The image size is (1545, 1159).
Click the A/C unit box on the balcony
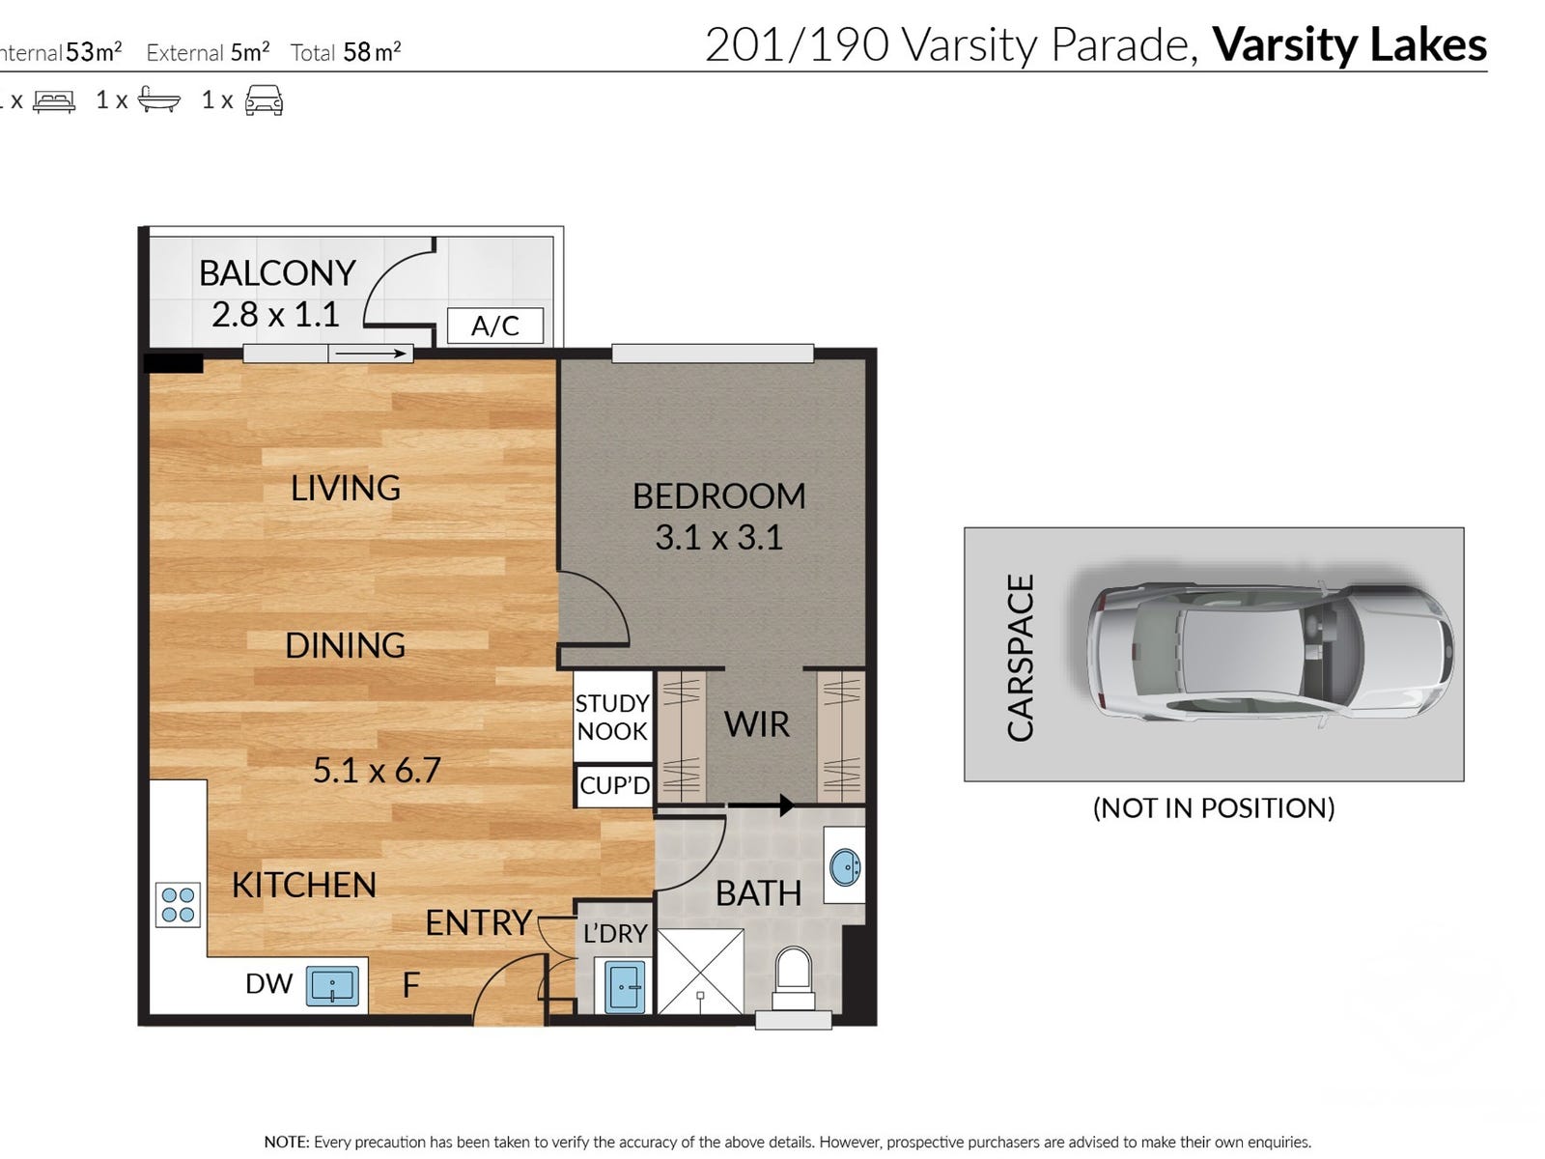pos(494,325)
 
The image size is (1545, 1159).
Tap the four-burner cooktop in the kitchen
pos(178,904)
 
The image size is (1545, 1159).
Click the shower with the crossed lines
pos(700,971)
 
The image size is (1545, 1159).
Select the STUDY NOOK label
pos(611,717)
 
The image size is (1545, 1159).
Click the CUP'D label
pos(614,784)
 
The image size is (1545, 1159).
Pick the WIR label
pos(757,724)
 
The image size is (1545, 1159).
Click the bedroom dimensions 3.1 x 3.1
pos(718,538)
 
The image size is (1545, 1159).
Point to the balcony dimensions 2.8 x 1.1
pos(276,315)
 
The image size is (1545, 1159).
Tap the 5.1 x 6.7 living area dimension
pos(377,771)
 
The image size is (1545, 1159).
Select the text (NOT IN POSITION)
pos(1214,807)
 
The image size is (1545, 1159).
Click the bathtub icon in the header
pos(158,99)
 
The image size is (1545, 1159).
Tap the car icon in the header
pos(264,99)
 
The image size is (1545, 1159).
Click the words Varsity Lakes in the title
pos(1349,44)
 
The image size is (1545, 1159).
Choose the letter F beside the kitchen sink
pos(411,985)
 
